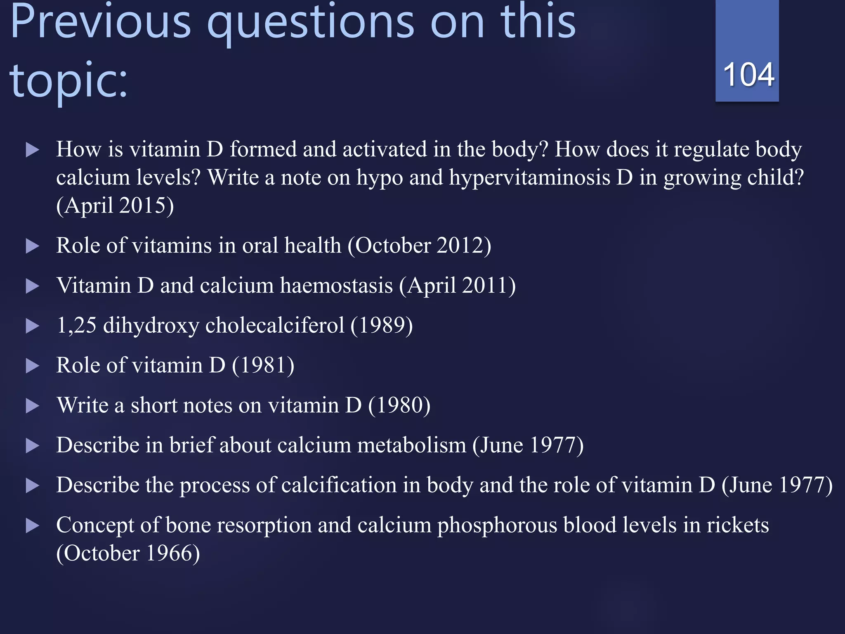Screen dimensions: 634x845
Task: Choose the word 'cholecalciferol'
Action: click(275, 325)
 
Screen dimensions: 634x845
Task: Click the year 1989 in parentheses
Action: click(382, 325)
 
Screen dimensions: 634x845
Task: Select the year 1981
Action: click(263, 365)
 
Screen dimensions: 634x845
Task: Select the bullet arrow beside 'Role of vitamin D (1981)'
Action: click(32, 366)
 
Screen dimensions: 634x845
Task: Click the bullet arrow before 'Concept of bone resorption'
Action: click(32, 525)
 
